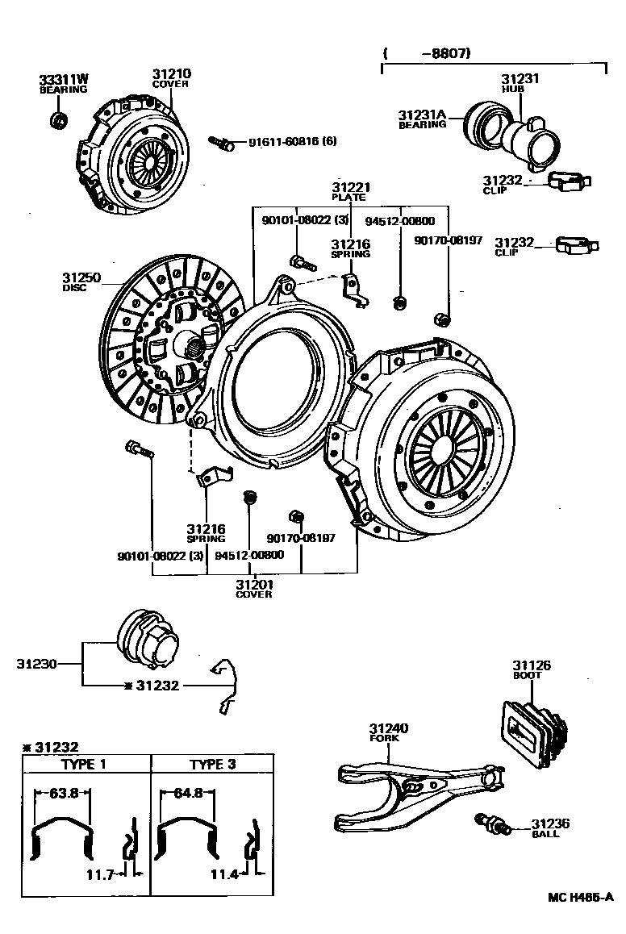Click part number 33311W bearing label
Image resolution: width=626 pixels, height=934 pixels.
[x=64, y=84]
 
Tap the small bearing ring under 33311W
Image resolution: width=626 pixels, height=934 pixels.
[x=57, y=121]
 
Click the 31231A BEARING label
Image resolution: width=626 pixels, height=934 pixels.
[x=422, y=119]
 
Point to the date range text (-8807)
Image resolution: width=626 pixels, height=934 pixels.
[x=428, y=53]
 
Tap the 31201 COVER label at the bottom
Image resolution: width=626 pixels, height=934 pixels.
[x=253, y=589]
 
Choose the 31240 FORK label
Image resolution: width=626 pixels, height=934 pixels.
[x=389, y=732]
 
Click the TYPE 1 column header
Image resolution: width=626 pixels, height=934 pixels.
[x=84, y=764]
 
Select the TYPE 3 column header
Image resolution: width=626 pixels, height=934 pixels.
[x=211, y=764]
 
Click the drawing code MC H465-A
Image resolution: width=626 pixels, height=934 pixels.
[x=580, y=897]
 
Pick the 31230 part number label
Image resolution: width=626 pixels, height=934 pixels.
[x=36, y=665]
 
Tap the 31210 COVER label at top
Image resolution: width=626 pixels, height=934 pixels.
[x=171, y=78]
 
